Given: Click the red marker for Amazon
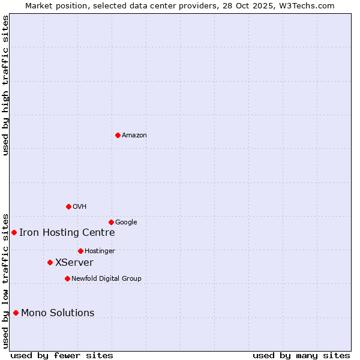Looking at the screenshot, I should click(118, 135).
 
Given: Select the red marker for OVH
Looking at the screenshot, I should click(68, 206).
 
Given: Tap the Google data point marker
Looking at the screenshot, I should click(111, 222).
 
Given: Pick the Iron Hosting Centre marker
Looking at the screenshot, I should click(14, 232).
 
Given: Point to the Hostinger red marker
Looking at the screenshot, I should click(80, 251).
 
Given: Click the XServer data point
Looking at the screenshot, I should click(50, 262).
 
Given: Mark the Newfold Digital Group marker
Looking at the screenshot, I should click(67, 278).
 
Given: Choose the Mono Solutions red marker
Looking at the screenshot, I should click(16, 313).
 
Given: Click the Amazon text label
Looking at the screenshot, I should click(134, 136).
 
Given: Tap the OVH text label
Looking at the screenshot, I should click(80, 207).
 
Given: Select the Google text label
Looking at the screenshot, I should click(126, 223).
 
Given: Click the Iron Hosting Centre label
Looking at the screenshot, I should click(67, 233).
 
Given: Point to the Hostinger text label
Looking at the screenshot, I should click(100, 251).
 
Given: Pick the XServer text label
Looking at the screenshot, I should click(74, 263).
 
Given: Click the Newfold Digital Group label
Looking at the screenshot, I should click(106, 279).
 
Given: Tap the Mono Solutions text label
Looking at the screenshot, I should click(58, 313).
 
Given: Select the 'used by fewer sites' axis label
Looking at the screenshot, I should click(62, 356).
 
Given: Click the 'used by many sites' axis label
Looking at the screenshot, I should click(301, 356).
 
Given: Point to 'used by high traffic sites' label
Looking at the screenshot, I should click(6, 85).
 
